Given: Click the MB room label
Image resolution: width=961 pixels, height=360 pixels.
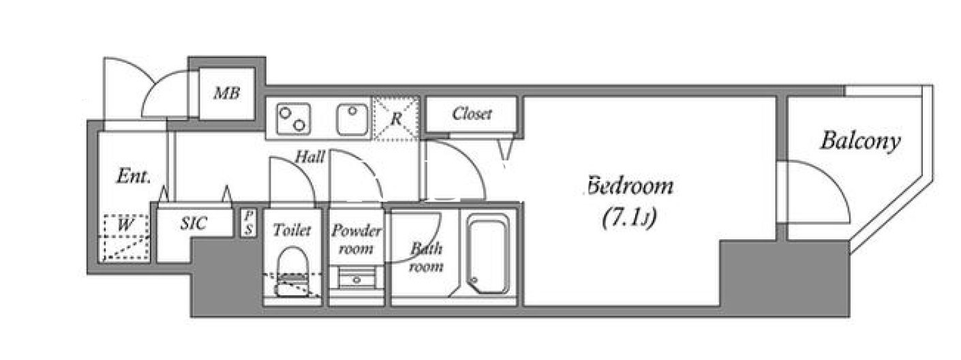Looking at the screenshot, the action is tap(227, 93).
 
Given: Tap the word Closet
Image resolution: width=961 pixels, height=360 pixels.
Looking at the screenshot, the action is tap(472, 114).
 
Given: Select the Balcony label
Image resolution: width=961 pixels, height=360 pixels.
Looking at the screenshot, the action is tap(860, 141).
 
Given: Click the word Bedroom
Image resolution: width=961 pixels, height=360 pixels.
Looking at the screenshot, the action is tap(630, 185).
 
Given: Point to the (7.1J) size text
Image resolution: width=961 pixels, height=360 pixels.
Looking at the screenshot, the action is tap(629, 218).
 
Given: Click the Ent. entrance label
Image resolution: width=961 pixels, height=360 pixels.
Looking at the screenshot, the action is tap(134, 176).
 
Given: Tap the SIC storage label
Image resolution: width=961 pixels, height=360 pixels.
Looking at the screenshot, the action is tap(194, 223).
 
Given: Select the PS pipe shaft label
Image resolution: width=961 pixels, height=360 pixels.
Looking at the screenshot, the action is tap(248, 223).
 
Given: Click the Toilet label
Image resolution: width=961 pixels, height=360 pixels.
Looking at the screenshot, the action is tap(292, 230).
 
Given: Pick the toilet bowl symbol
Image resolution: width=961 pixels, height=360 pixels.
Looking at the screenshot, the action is tap(292, 271).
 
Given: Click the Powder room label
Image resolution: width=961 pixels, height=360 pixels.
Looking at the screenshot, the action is tap(356, 239).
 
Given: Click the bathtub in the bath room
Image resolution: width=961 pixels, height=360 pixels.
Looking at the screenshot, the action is tap(489, 254).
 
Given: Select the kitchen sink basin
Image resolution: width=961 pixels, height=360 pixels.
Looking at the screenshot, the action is tap(352, 119).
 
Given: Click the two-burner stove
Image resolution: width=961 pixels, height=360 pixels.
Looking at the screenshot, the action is tap(294, 119).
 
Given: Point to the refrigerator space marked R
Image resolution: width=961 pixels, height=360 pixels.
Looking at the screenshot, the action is tap(395, 119).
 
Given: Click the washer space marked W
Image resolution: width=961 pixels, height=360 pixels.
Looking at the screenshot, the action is tap(125, 237).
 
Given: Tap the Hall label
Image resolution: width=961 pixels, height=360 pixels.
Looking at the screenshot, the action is tap(309, 157).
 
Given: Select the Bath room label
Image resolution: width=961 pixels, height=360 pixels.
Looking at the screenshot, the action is tap(426, 257).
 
